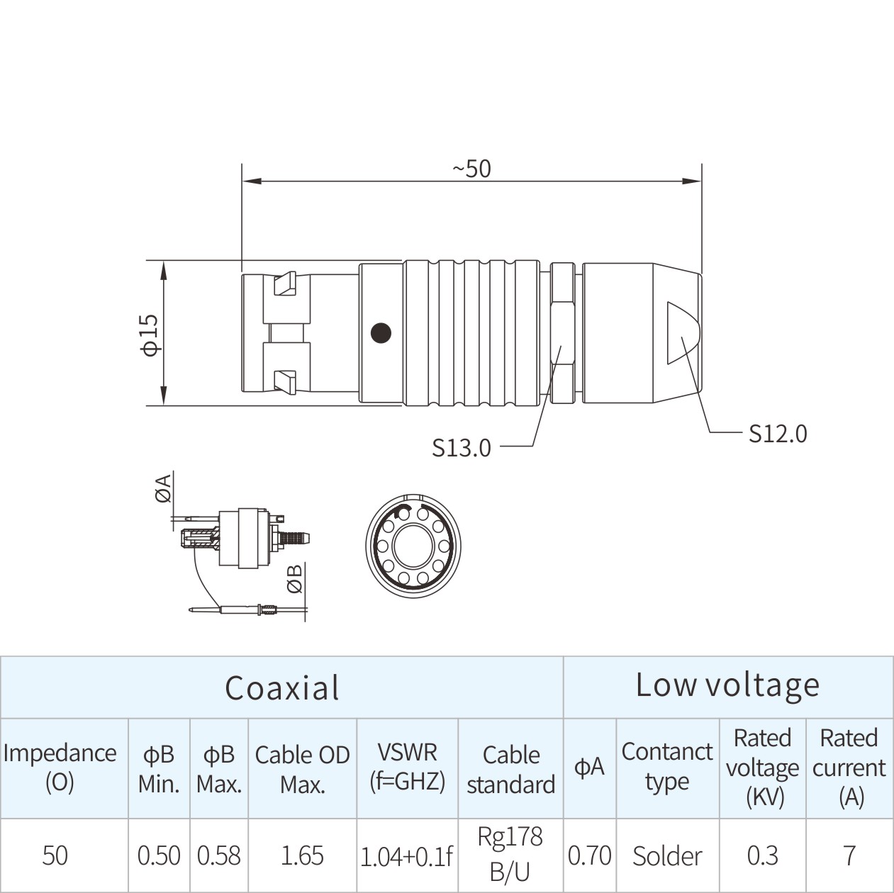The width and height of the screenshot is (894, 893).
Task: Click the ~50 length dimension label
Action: [471, 169]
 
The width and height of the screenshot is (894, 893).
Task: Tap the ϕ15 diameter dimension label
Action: [150, 334]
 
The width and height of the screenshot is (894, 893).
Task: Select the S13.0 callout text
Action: [462, 447]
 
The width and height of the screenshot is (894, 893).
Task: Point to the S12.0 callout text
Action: [778, 433]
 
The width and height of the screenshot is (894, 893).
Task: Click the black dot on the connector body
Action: [381, 332]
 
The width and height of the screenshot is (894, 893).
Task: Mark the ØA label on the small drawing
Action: [163, 489]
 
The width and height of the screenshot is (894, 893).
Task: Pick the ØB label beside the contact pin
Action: [295, 578]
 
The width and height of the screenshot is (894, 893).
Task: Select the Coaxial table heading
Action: [281, 687]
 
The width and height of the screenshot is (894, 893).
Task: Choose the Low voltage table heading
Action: [727, 685]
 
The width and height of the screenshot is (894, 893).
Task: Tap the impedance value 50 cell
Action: [55, 855]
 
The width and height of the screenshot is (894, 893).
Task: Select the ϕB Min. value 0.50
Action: [159, 855]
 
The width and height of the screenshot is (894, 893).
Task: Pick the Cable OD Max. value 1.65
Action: [302, 855]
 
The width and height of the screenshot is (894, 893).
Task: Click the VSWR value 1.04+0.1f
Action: [406, 857]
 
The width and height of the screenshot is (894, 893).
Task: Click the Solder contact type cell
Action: [667, 855]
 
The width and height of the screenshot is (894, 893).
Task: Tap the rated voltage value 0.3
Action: [762, 855]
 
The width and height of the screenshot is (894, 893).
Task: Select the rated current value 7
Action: [849, 855]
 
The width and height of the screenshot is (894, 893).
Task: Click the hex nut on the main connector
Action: [563, 333]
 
